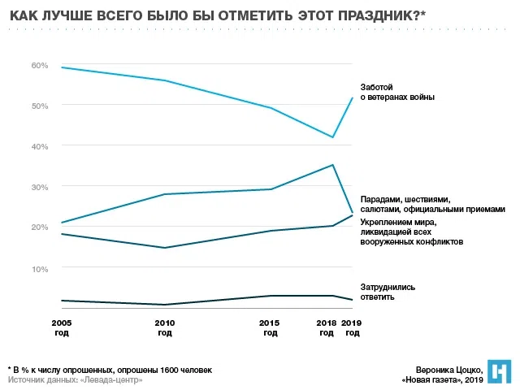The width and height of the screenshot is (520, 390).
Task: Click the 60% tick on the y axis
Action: (x=40, y=65)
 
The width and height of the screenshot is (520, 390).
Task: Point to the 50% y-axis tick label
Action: (x=40, y=106)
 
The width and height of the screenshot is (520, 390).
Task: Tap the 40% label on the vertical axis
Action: (x=40, y=146)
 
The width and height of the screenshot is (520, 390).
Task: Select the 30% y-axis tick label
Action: (x=40, y=187)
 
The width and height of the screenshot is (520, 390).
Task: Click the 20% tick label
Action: (x=40, y=227)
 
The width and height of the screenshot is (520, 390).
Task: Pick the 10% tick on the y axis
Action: (x=40, y=268)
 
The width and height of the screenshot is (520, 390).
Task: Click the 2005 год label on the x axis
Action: (x=62, y=327)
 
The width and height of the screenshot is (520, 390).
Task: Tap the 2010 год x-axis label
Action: (x=165, y=327)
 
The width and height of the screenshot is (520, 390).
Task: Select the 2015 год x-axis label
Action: (x=269, y=327)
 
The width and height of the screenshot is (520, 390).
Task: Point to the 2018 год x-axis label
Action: (x=327, y=327)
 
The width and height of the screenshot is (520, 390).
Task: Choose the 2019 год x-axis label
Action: (x=351, y=327)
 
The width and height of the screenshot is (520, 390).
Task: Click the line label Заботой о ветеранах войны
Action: (x=397, y=92)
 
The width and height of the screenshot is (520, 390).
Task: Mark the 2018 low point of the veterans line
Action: (x=333, y=137)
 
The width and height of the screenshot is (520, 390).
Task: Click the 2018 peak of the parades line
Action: (x=333, y=165)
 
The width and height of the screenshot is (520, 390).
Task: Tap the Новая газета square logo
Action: (x=499, y=371)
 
